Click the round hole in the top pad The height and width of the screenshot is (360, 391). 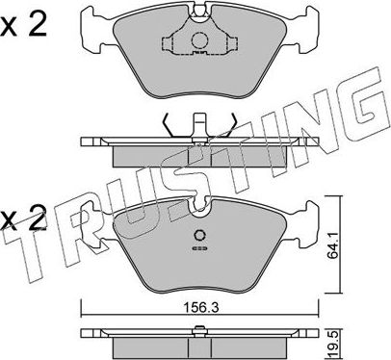click(x=199, y=41)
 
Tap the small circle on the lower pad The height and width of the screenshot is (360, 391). click(x=199, y=240)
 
